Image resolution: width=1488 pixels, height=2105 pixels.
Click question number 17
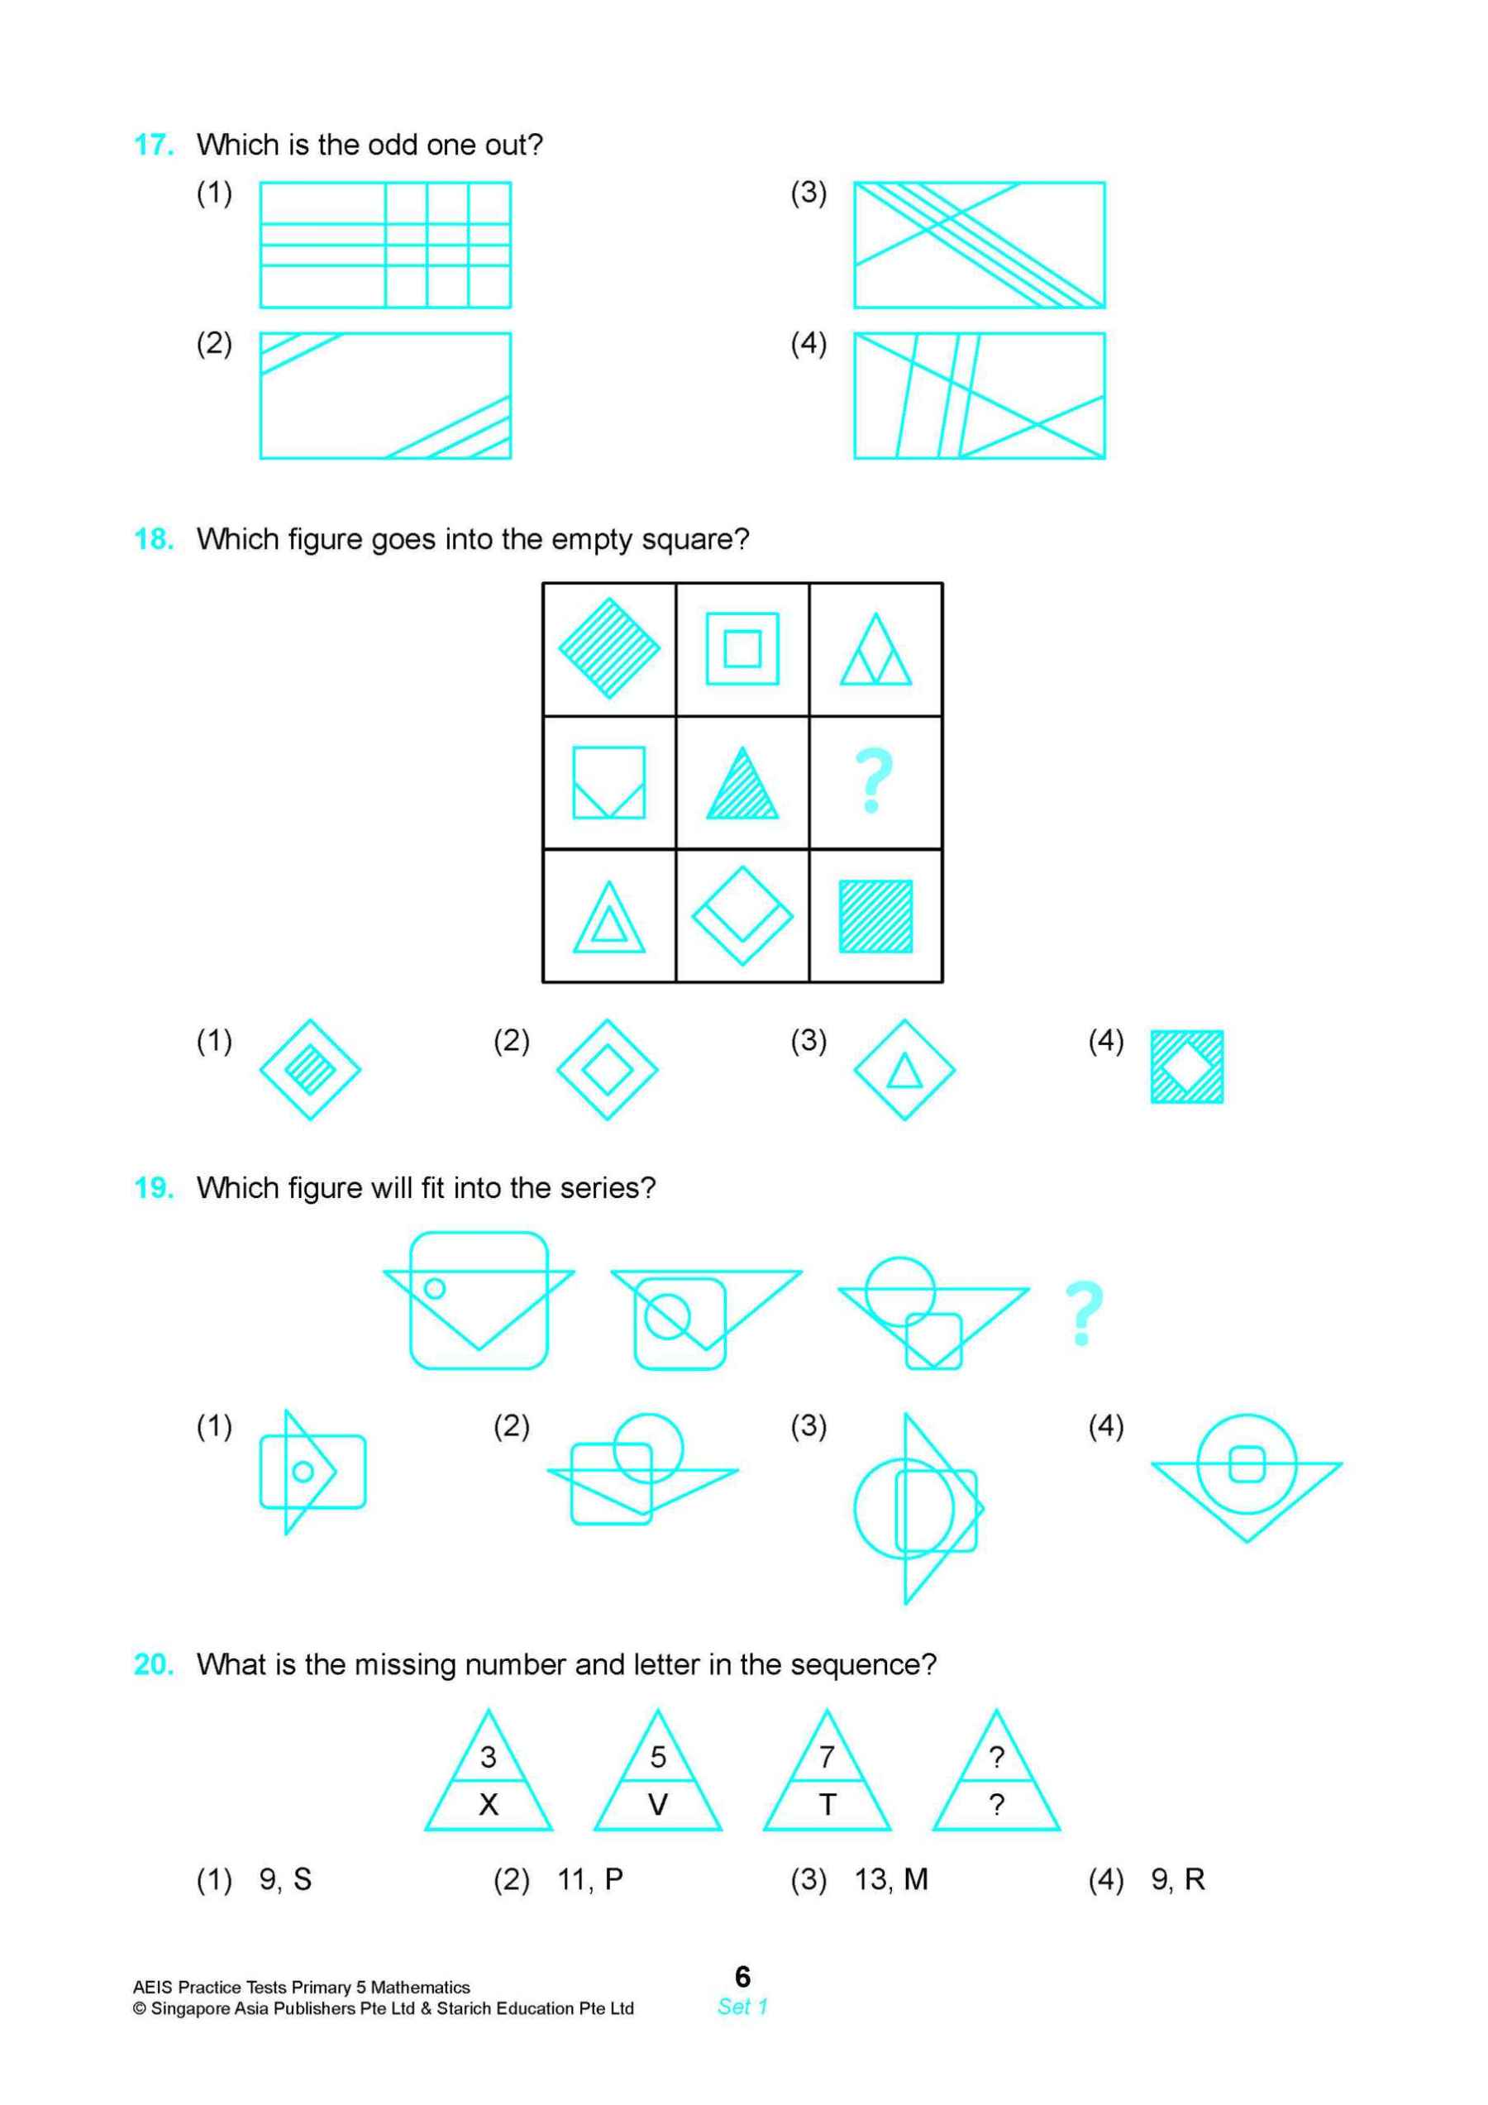click(x=153, y=144)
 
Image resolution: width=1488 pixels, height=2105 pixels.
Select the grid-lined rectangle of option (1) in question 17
click(x=385, y=244)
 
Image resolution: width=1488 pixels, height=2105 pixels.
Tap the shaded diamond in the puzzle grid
click(x=608, y=648)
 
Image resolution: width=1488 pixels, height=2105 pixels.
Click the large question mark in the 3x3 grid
click(x=874, y=781)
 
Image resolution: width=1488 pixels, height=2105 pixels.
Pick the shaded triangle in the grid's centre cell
click(x=742, y=785)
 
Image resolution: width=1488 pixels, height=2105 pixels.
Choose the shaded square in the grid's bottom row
click(x=875, y=916)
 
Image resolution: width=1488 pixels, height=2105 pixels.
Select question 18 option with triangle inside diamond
click(x=904, y=1069)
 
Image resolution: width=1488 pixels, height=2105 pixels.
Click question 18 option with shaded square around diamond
click(x=1186, y=1067)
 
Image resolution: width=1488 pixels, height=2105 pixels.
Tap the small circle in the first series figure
click(x=435, y=1288)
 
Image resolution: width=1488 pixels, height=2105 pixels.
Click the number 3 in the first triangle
click(x=488, y=1757)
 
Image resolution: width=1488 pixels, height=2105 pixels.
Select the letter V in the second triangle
click(x=657, y=1804)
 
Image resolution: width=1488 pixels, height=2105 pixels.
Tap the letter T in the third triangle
click(x=827, y=1804)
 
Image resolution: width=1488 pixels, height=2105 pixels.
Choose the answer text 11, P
click(x=589, y=1879)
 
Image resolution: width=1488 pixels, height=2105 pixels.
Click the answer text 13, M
click(x=890, y=1879)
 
